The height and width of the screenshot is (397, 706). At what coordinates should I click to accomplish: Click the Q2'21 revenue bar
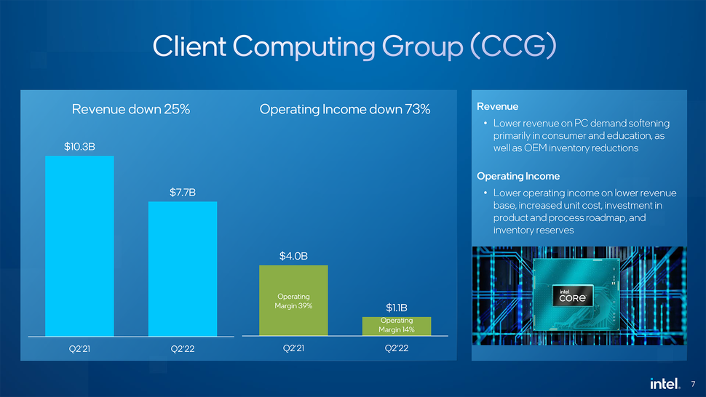pyautogui.click(x=79, y=246)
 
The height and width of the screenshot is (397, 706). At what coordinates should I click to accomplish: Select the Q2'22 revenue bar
pyautogui.click(x=183, y=268)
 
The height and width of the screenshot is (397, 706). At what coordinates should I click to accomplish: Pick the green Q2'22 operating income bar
pyautogui.click(x=397, y=326)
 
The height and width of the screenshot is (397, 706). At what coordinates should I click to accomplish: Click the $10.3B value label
pyautogui.click(x=79, y=147)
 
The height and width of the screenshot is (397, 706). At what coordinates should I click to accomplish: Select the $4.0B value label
pyautogui.click(x=293, y=256)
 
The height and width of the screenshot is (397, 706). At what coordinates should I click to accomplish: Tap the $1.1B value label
pyautogui.click(x=397, y=308)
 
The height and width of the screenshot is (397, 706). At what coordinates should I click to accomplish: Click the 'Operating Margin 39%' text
pyautogui.click(x=293, y=301)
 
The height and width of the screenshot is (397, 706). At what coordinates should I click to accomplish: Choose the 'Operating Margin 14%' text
pyautogui.click(x=397, y=325)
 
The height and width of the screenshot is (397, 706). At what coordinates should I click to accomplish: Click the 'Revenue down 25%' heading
pyautogui.click(x=130, y=110)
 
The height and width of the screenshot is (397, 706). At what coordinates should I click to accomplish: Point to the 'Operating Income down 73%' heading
pyautogui.click(x=345, y=110)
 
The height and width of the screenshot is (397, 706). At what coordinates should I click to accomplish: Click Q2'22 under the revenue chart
pyautogui.click(x=183, y=348)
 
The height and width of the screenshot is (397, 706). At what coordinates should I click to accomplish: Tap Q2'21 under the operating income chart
pyautogui.click(x=293, y=348)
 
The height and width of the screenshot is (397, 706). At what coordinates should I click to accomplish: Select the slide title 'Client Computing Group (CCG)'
pyautogui.click(x=354, y=46)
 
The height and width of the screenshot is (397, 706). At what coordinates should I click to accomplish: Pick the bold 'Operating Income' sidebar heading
pyautogui.click(x=517, y=176)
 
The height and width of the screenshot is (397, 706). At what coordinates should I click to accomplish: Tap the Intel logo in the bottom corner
pyautogui.click(x=665, y=382)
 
